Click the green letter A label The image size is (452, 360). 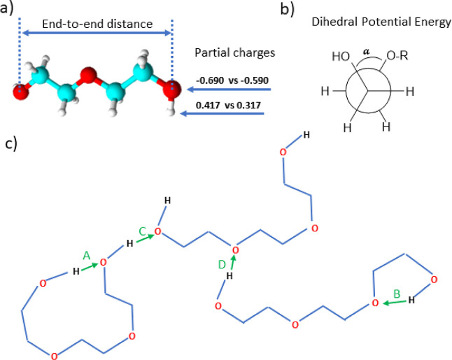87,256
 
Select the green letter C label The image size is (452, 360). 141,231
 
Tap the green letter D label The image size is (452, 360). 221,264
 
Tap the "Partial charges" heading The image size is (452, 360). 233,52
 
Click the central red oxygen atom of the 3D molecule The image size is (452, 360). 87,73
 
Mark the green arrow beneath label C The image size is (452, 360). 143,239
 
